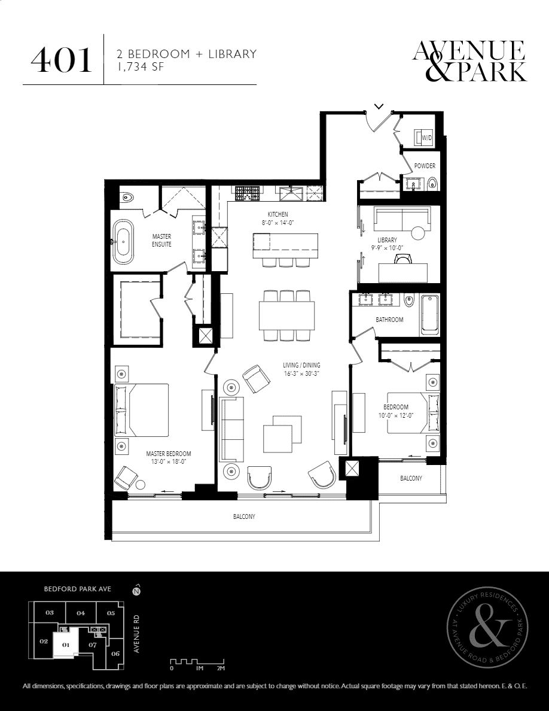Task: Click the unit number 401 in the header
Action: click(61, 60)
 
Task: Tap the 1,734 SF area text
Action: click(139, 67)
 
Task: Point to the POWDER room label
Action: click(425, 166)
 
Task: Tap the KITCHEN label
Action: click(277, 214)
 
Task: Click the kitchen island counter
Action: click(285, 245)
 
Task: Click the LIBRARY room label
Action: click(388, 240)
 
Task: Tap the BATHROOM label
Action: click(389, 320)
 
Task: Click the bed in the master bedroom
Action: click(141, 411)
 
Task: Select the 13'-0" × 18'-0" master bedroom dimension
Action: click(169, 461)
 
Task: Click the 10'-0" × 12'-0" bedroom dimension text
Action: click(396, 415)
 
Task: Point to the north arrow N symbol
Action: click(135, 591)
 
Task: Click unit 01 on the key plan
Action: click(66, 645)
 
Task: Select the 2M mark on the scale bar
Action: click(221, 669)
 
